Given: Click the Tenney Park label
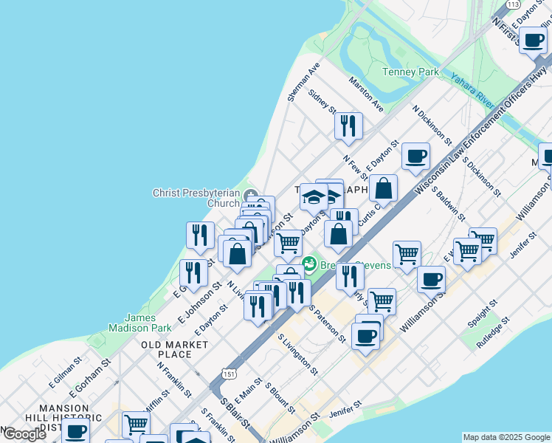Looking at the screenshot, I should [x=410, y=72].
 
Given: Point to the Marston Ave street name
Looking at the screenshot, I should [x=367, y=95].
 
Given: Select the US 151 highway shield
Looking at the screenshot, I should [x=232, y=373].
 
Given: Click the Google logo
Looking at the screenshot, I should [x=24, y=434].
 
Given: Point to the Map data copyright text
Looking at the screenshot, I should [x=506, y=437].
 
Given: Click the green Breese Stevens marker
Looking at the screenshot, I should [x=310, y=262].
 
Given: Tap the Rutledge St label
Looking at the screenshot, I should [x=494, y=334].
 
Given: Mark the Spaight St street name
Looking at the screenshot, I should [x=483, y=313].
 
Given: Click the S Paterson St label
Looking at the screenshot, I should [x=327, y=323].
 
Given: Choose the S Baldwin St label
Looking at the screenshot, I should [x=449, y=203].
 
